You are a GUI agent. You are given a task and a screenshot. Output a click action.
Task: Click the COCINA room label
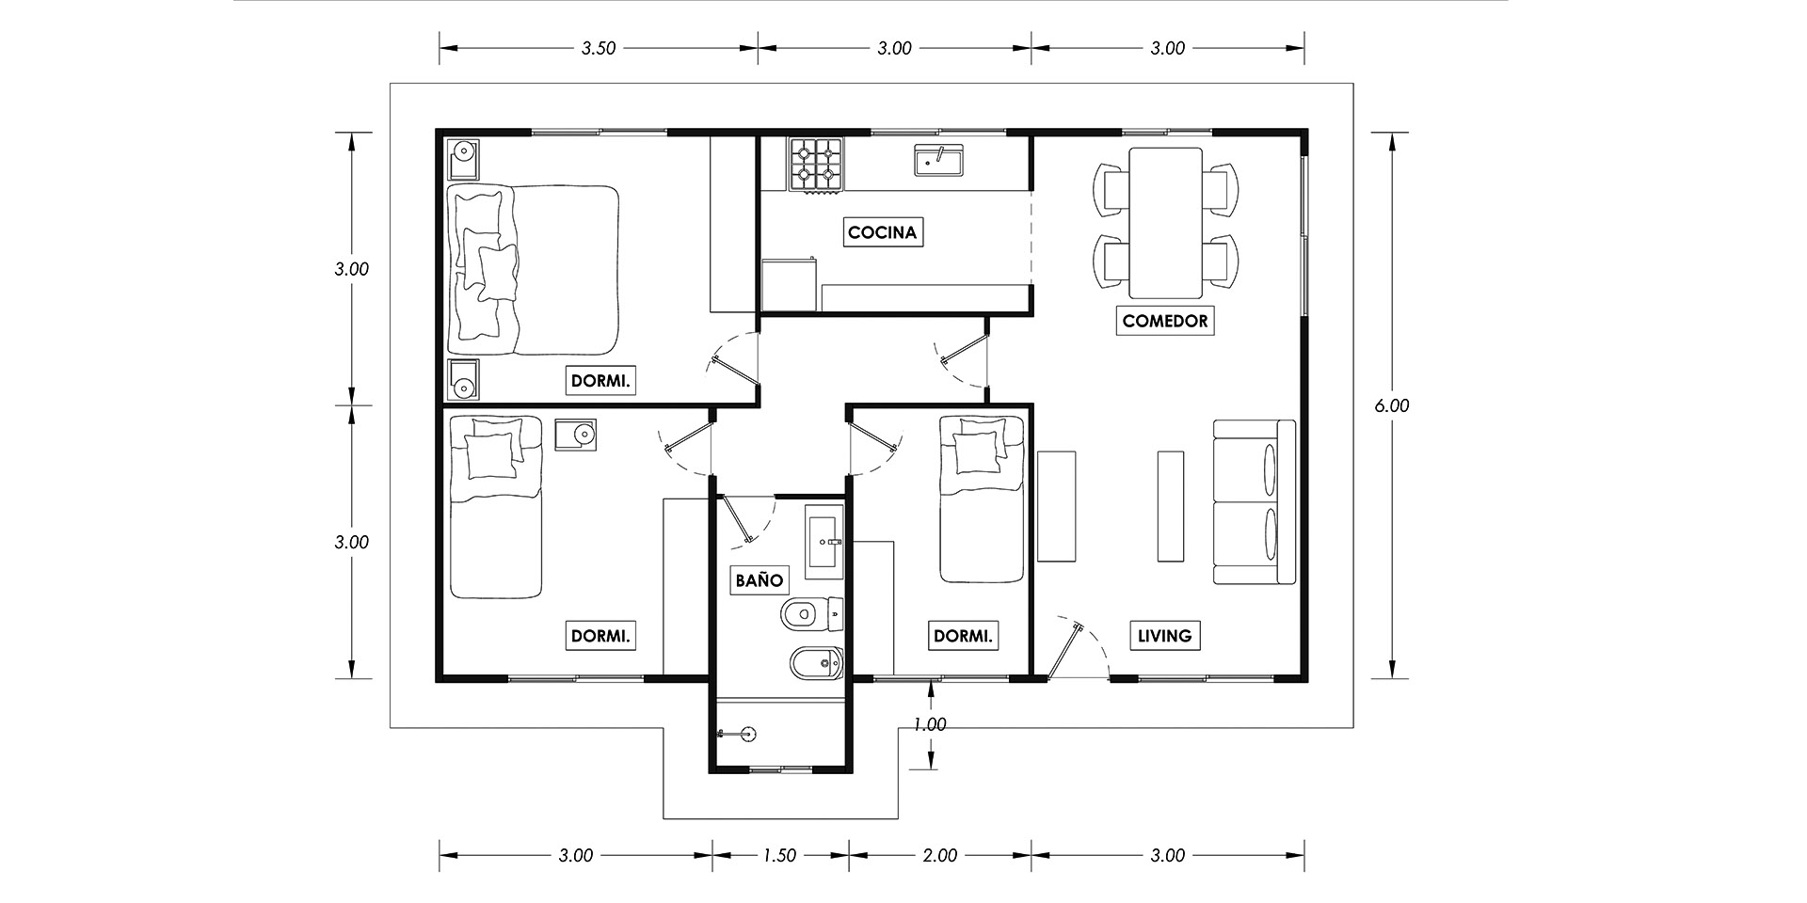point(882,231)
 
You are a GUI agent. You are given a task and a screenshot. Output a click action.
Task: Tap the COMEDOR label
point(1164,321)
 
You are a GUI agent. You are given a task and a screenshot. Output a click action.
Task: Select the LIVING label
point(1164,636)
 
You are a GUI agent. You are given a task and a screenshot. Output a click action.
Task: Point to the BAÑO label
point(759,579)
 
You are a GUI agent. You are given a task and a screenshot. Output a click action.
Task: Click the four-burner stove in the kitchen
point(815,165)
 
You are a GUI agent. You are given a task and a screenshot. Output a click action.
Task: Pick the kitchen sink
point(939,160)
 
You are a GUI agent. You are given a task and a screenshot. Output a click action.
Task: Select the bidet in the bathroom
point(815,665)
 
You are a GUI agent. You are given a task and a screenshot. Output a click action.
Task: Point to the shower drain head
point(747,734)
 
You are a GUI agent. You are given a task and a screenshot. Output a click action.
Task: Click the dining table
point(1165,222)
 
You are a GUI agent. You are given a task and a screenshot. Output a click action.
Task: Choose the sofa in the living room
point(1255,502)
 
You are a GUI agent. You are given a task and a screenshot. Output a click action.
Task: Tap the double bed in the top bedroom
point(533,270)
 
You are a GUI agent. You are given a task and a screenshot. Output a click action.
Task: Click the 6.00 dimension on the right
point(1391,405)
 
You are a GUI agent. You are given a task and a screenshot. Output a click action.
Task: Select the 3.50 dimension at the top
point(598,48)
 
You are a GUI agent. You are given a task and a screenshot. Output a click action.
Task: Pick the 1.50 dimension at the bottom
point(779,855)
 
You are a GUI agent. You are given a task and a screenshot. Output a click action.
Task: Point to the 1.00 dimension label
point(930,724)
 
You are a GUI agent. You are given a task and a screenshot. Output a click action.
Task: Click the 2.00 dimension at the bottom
point(939,855)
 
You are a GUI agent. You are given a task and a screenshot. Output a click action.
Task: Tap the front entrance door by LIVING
point(1065,649)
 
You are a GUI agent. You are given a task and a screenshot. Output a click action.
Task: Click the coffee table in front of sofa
point(1170,505)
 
